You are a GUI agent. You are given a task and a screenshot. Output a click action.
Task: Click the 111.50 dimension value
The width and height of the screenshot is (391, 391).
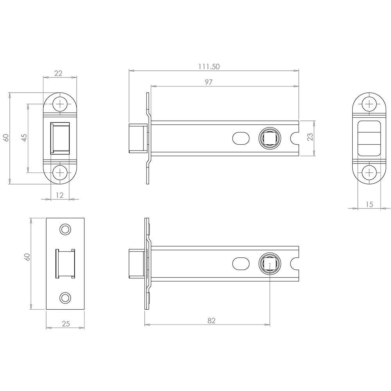[x=209, y=66]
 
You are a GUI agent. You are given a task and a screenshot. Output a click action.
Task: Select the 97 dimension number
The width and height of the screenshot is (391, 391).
[x=208, y=82]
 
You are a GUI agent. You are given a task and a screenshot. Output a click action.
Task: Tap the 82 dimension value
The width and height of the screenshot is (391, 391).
[x=211, y=321]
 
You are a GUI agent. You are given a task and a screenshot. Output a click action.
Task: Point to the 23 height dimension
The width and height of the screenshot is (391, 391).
[x=310, y=136]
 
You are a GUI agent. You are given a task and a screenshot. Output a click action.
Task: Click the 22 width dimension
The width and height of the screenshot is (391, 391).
[x=58, y=73]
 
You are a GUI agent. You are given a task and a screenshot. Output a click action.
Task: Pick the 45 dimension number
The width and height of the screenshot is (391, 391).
[x=24, y=137]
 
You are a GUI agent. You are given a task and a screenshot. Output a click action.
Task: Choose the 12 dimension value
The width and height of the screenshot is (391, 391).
[x=60, y=195]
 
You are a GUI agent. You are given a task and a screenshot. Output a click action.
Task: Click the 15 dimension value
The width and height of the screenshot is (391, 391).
[x=369, y=204]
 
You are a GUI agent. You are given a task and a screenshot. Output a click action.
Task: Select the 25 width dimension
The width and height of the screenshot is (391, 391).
[x=66, y=324]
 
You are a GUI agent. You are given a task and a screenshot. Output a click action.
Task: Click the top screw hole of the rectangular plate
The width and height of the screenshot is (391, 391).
[x=65, y=229]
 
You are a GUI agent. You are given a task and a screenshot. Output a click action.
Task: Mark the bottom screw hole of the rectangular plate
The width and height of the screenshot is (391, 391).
[x=65, y=298]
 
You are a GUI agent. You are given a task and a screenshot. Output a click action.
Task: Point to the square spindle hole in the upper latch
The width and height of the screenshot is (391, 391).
[x=270, y=138]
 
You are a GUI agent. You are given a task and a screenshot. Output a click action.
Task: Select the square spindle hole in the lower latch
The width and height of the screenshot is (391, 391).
[x=270, y=264]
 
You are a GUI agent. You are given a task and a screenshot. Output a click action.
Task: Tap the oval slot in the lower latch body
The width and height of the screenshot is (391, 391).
[x=241, y=264]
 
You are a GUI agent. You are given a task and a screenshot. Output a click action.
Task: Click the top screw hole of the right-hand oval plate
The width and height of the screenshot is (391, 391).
[x=369, y=104]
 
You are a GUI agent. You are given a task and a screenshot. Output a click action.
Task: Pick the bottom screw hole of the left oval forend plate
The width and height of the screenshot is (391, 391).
[x=60, y=172]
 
